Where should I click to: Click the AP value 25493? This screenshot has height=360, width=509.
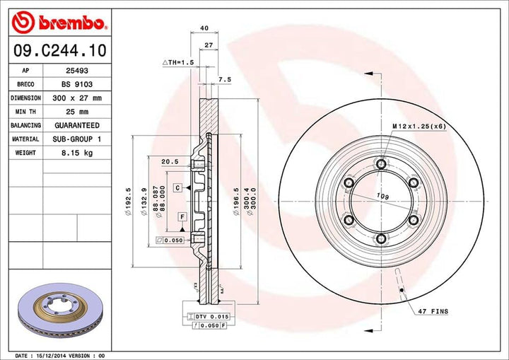click(72, 71)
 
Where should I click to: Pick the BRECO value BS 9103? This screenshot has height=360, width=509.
click(72, 84)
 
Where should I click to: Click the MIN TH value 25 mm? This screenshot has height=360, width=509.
click(72, 112)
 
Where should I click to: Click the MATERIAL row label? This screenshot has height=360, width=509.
click(25, 139)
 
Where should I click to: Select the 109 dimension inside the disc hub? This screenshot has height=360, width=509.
click(382, 195)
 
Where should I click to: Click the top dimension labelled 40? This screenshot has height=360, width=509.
click(204, 28)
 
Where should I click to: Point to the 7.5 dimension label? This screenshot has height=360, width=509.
click(225, 80)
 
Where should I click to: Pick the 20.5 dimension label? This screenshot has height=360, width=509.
click(169, 161)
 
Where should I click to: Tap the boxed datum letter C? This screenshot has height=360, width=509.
click(177, 187)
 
